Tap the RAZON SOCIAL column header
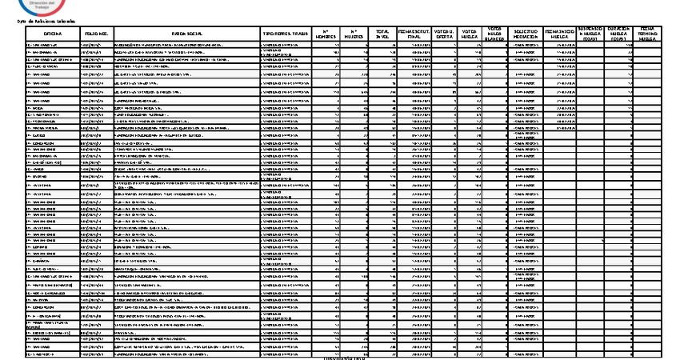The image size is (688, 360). (x=186, y=33)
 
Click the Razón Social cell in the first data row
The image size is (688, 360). (x=186, y=46)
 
